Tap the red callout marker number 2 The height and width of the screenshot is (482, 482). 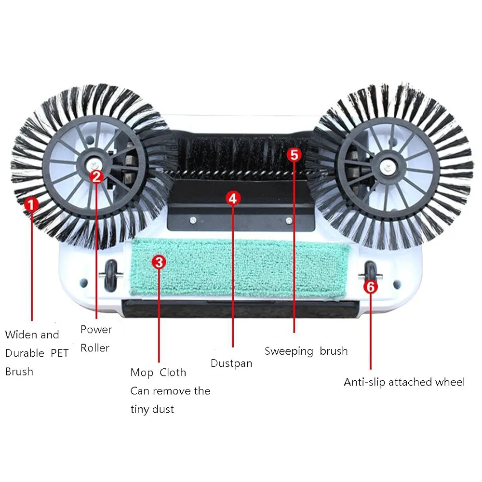(96, 176)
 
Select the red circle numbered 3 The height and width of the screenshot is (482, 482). (159, 262)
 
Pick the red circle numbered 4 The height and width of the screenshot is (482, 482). (233, 198)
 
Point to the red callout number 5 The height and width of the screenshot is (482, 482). (294, 155)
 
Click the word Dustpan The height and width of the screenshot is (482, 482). (231, 363)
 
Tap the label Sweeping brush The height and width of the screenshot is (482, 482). (306, 351)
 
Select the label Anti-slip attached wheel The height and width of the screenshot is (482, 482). (404, 382)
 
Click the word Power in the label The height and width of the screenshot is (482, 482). (96, 330)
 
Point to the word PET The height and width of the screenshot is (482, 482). (60, 353)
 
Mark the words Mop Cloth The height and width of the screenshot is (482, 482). (158, 373)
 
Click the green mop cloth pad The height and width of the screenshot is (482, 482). (241, 268)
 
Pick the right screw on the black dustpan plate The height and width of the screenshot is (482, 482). (289, 221)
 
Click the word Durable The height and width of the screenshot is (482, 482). (25, 353)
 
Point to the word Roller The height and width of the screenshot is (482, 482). (95, 348)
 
